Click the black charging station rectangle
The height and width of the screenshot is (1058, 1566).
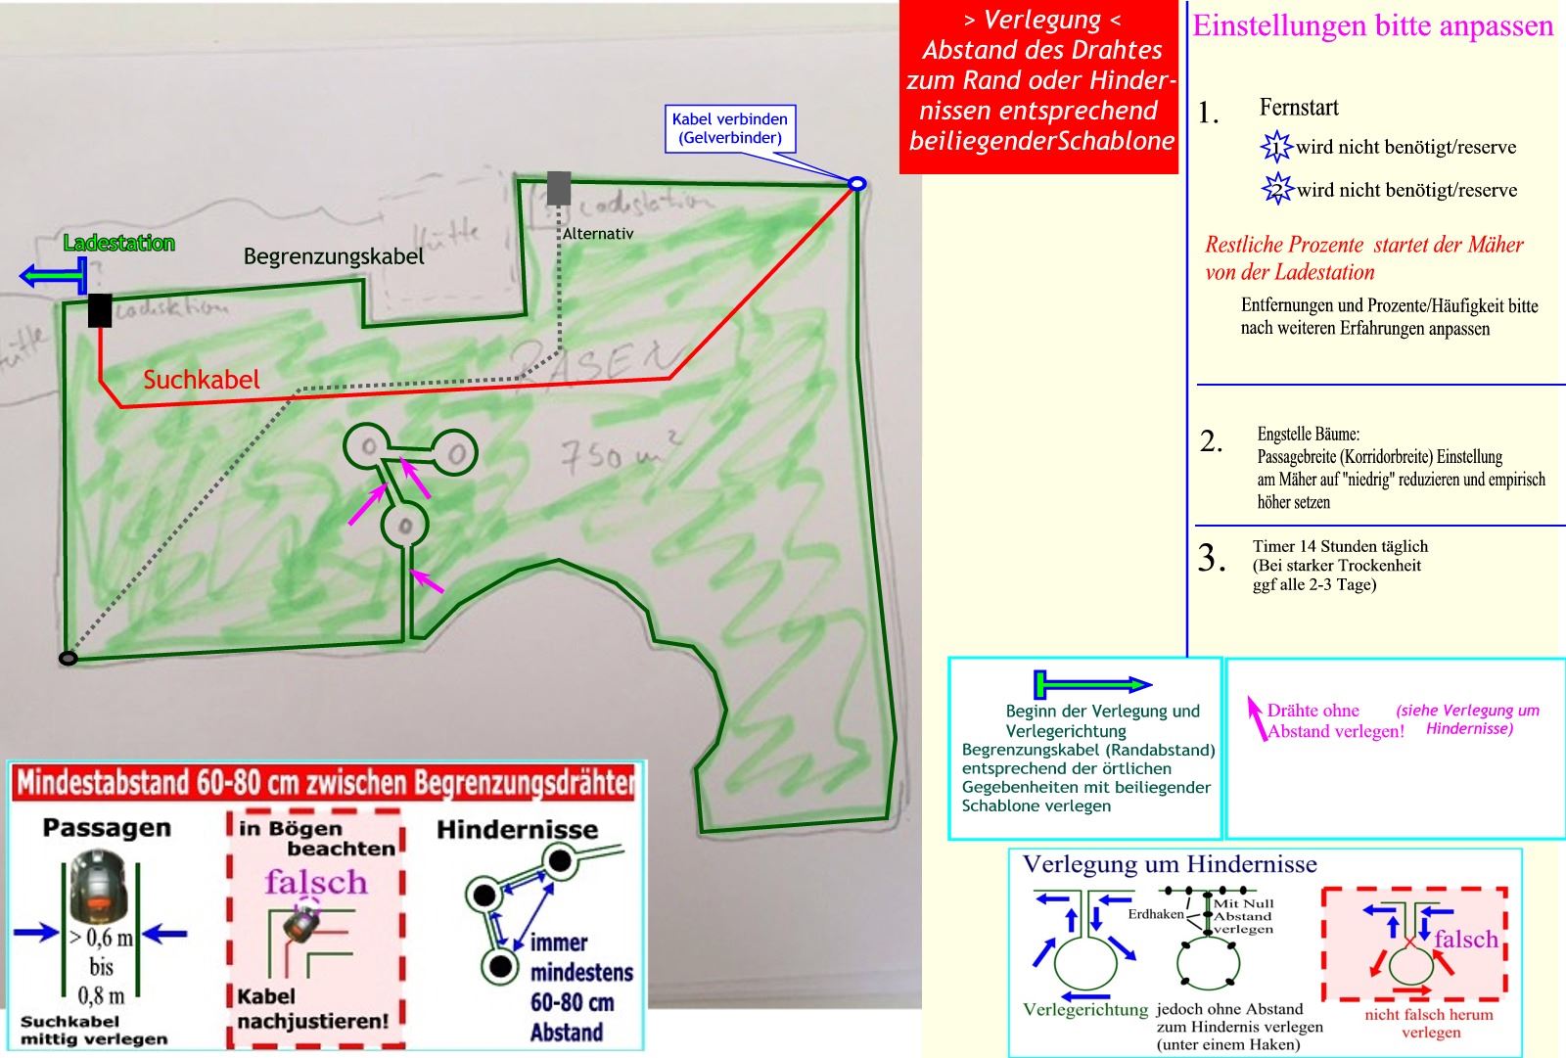[99, 310]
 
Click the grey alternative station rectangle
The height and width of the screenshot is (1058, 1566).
[559, 188]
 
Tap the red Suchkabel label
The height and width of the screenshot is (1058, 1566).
[202, 380]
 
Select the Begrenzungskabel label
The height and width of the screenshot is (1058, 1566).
[334, 256]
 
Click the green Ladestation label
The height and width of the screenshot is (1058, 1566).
[119, 243]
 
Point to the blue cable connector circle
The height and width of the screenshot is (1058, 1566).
[856, 183]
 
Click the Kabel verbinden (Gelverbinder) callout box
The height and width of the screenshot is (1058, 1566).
[729, 128]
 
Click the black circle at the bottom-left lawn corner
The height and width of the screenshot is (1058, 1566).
[68, 659]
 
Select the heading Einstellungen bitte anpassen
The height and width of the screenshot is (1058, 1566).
[1372, 26]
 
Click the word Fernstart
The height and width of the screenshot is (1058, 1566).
[1299, 108]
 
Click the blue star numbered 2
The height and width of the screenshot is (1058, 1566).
[1277, 189]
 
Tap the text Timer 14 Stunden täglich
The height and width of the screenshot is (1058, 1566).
[1340, 546]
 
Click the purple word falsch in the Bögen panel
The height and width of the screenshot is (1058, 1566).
[315, 882]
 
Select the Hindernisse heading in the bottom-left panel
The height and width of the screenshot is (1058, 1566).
[517, 830]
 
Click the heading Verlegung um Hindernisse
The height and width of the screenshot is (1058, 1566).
[1170, 864]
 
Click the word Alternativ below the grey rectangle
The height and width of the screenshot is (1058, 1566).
[598, 234]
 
